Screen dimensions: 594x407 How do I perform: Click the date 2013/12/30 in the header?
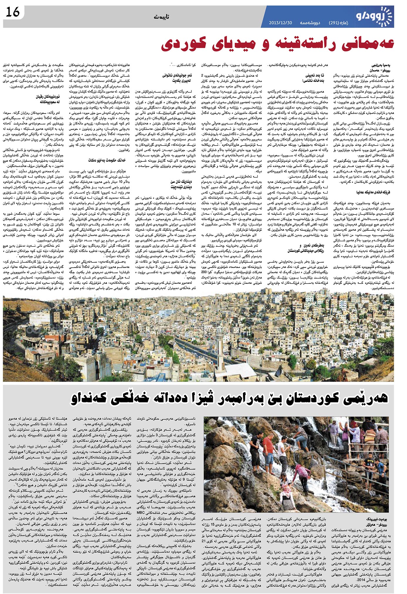280,23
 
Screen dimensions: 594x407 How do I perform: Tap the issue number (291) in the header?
334,23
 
